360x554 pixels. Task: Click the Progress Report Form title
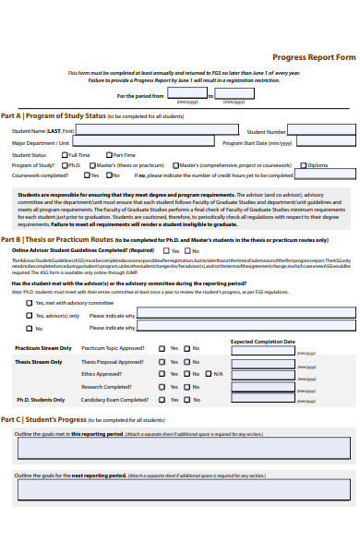tap(319, 56)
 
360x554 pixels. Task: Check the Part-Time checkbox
tap(108, 155)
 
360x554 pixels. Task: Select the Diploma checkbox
tap(302, 165)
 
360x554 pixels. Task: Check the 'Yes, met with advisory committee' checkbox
tap(29, 302)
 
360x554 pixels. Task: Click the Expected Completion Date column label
tap(262, 341)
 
